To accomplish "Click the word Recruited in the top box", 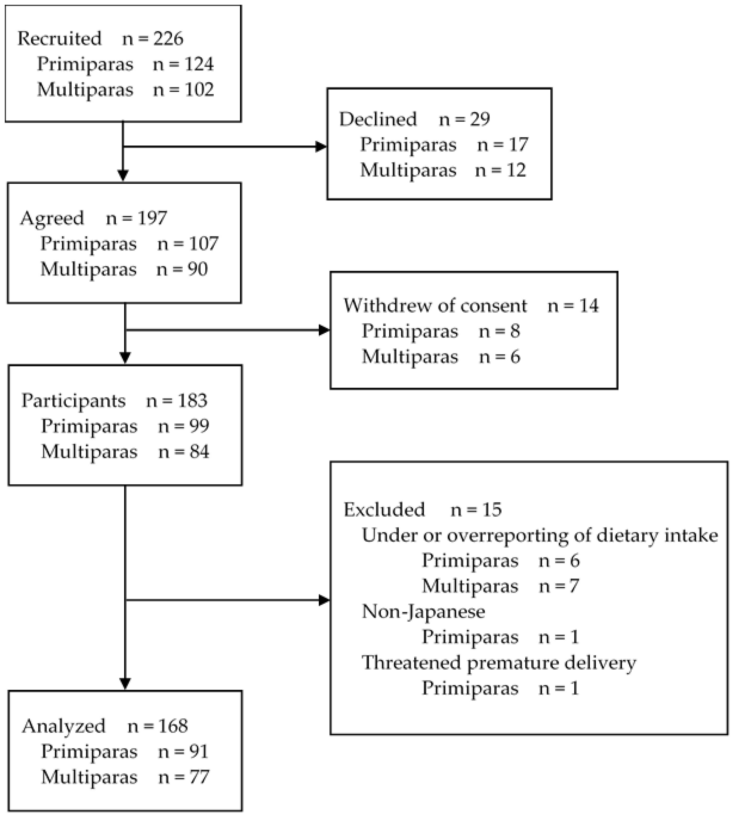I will click(x=59, y=39).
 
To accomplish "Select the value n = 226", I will click(x=153, y=39).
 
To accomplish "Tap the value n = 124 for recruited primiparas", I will click(x=183, y=64).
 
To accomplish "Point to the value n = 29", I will click(x=464, y=119).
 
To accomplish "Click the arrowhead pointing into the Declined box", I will click(x=322, y=147).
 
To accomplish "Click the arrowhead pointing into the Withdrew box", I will click(x=324, y=330).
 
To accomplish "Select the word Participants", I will click(x=74, y=400).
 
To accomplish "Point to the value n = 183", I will click(x=177, y=400).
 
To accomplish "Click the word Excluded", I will click(x=384, y=510).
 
